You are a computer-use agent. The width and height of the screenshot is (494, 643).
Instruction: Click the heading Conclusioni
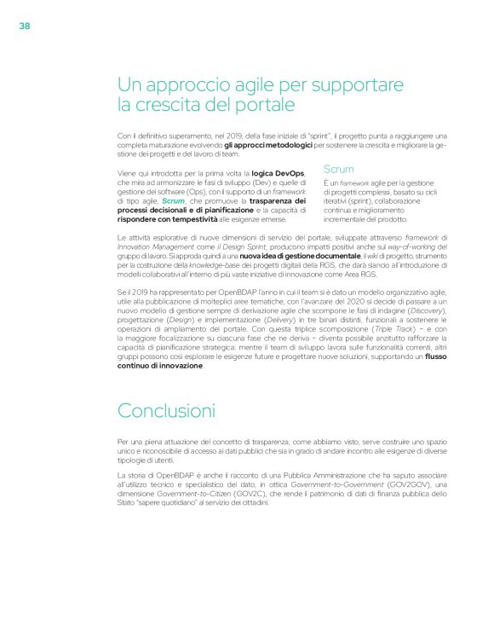tap(166, 410)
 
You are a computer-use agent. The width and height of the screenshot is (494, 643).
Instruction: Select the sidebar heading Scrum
tap(339, 170)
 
